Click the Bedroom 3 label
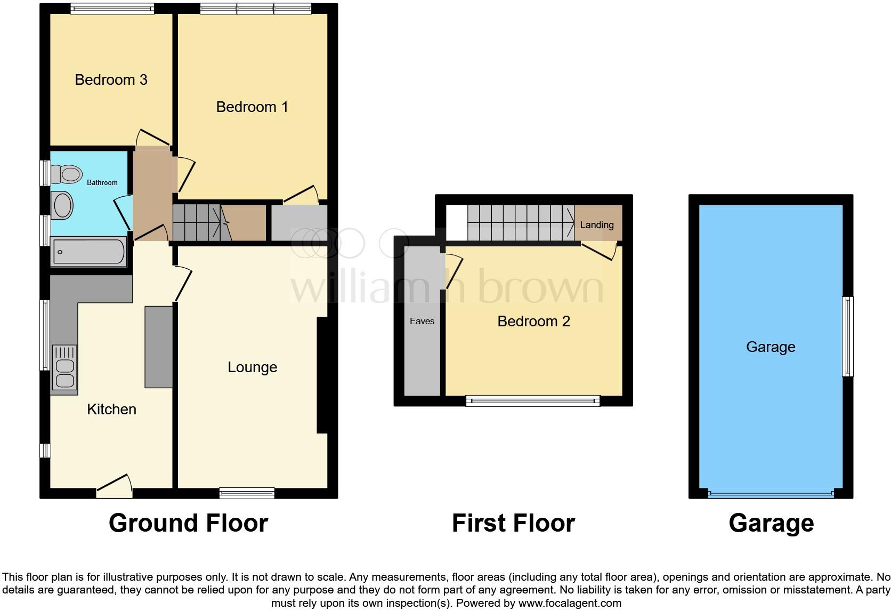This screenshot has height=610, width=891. pos(111,80)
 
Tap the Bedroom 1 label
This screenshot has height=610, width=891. pos(252,107)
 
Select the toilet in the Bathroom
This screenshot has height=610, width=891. pos(67,173)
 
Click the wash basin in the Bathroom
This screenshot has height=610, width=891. pos(62,205)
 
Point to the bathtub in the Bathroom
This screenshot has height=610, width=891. pos(90,252)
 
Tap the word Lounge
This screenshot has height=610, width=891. pos(252,367)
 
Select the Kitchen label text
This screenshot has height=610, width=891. pos(111,410)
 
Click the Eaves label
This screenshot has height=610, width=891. pos(422,321)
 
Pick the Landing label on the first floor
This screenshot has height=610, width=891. pos(597,225)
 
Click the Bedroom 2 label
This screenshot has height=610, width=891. pos(533,322)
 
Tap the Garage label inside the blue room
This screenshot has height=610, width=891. pos(771,347)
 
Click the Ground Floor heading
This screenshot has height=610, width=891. pos(188,523)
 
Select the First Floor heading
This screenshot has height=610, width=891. pos(513,523)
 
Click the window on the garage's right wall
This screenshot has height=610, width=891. pos(847,336)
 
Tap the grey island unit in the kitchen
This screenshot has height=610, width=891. pos(159,347)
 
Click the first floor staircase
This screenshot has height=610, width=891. pos(521,223)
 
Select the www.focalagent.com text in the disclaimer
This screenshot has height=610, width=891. pos(569,604)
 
